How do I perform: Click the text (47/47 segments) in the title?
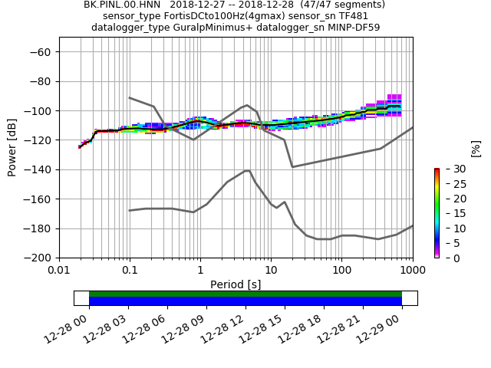coord(338,5)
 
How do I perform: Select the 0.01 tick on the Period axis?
coord(59,271)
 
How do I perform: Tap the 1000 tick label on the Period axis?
coord(412,271)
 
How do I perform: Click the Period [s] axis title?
coord(236,284)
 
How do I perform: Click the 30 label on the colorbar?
coord(449,169)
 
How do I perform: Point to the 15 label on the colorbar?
coord(449,214)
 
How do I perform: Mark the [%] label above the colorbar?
coord(475,147)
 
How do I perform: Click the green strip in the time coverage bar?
coord(245,294)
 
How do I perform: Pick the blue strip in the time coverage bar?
coord(245,301)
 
